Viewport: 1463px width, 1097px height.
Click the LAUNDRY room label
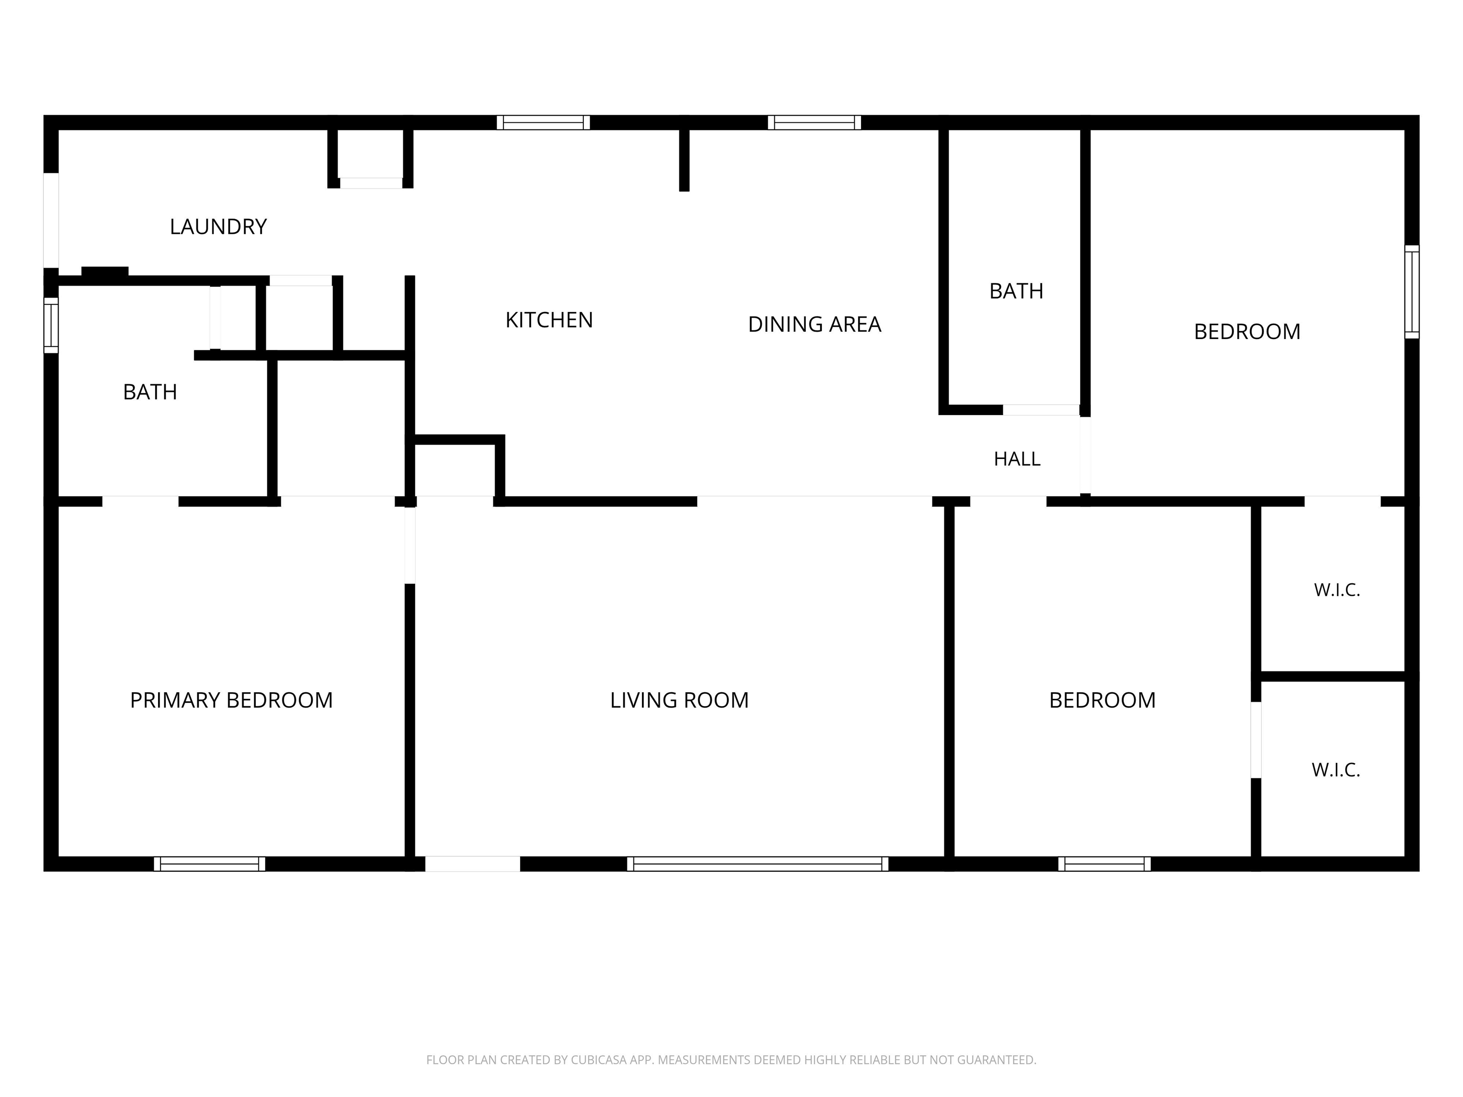click(x=218, y=227)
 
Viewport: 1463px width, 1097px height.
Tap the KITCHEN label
click(x=549, y=320)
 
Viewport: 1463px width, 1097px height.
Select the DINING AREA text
click(x=814, y=324)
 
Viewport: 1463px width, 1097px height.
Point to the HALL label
click(x=1017, y=459)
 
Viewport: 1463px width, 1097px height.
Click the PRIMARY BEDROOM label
click(x=231, y=700)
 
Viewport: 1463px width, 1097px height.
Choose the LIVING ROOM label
click(x=679, y=700)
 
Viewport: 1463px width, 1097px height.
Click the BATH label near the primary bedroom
click(x=150, y=392)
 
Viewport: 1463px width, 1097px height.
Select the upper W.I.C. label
click(x=1337, y=590)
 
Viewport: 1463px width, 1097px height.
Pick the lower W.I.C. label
click(x=1336, y=770)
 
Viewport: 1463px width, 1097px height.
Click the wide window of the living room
click(x=757, y=864)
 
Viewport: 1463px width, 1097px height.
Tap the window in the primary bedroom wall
click(x=210, y=864)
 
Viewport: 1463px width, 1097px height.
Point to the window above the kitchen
click(x=543, y=122)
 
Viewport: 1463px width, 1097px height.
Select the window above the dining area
click(x=814, y=122)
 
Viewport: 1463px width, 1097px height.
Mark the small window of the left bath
click(x=51, y=325)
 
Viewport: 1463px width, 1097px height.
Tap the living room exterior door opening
click(x=472, y=864)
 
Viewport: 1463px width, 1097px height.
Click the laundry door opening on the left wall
click(x=51, y=221)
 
